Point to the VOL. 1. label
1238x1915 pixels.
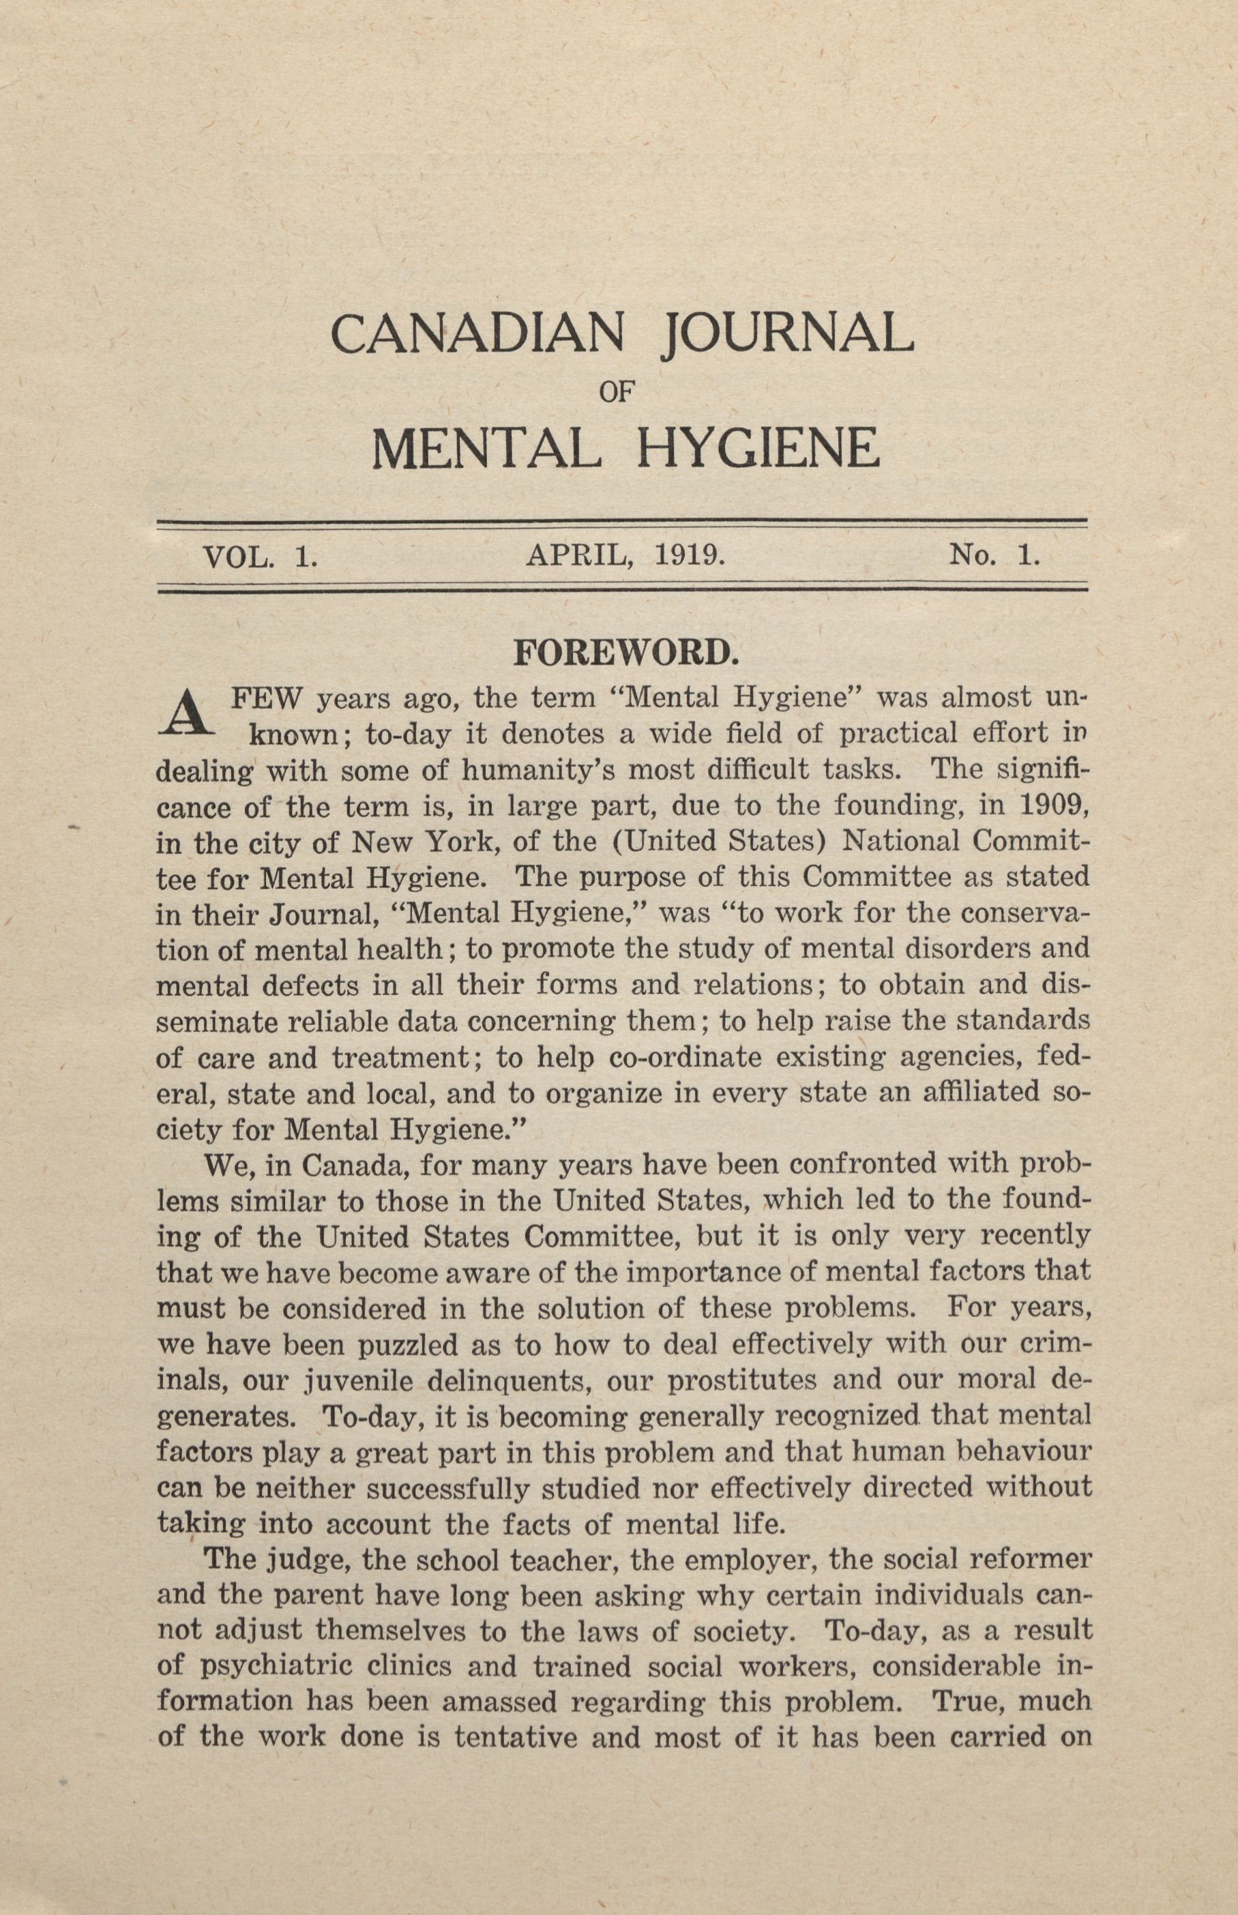[261, 556]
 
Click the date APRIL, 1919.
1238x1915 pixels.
[625, 556]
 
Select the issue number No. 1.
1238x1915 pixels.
[994, 556]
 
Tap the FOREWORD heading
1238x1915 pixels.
[625, 653]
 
